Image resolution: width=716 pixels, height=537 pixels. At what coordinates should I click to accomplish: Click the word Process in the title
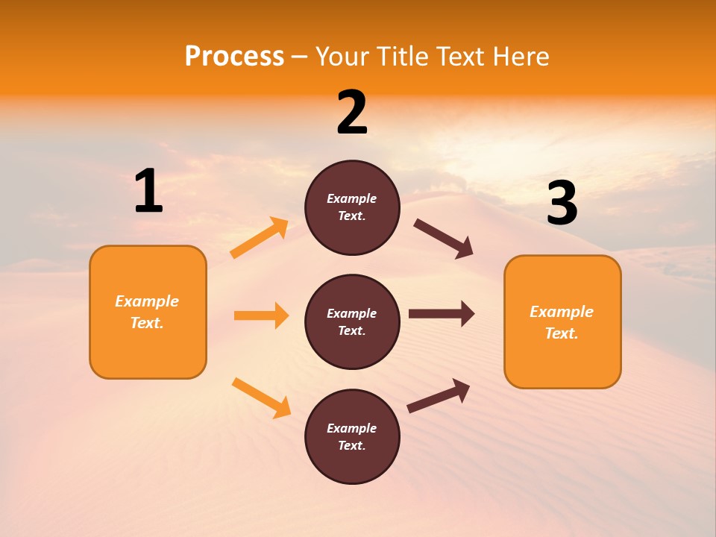click(234, 57)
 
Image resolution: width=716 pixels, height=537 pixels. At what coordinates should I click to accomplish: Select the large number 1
click(148, 192)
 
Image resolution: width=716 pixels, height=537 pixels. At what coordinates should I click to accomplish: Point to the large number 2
click(352, 113)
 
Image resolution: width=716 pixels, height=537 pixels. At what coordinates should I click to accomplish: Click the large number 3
click(562, 204)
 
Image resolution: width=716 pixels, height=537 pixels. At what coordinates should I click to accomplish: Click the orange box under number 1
click(148, 312)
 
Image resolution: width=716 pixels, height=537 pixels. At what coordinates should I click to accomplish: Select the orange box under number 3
click(562, 321)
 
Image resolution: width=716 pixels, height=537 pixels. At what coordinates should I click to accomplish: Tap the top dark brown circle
click(352, 207)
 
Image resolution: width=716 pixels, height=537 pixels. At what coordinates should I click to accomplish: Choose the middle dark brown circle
click(352, 321)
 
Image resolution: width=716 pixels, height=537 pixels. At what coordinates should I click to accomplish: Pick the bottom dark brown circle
click(352, 436)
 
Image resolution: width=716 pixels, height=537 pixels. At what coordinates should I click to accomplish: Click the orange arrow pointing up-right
click(260, 238)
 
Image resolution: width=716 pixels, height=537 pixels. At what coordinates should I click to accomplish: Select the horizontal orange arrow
click(261, 315)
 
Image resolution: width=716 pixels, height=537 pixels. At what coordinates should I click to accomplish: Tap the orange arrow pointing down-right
click(261, 398)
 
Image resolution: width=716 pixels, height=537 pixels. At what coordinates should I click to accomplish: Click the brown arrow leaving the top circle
click(444, 239)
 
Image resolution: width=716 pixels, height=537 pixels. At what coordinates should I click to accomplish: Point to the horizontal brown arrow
click(442, 314)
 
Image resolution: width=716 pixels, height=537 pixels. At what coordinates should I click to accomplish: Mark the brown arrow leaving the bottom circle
click(439, 396)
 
